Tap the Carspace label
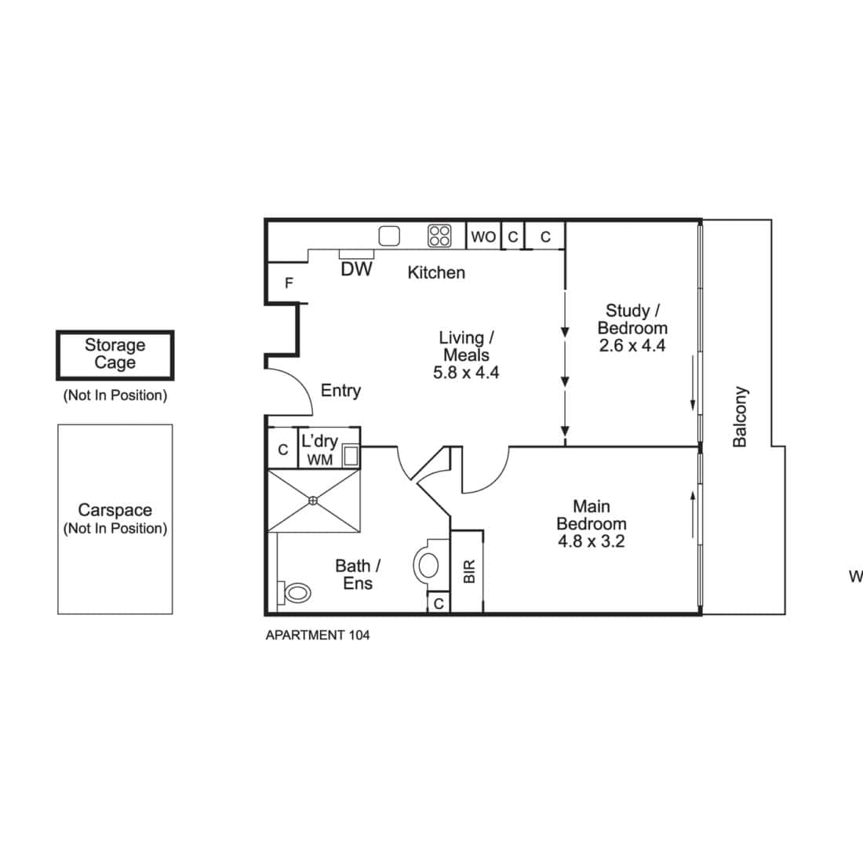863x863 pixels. (115, 510)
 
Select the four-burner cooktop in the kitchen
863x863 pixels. (440, 236)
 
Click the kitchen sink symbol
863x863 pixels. (389, 236)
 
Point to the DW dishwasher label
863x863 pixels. (357, 269)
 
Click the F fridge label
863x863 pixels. (289, 283)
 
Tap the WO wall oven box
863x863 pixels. (483, 236)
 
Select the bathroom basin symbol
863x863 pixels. (428, 565)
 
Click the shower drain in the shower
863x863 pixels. (312, 501)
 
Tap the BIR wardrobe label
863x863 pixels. (469, 572)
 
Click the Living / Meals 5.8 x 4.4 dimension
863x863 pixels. (466, 373)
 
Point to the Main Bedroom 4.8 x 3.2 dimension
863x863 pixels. (591, 541)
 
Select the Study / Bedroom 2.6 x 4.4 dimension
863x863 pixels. (632, 346)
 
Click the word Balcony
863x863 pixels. (741, 417)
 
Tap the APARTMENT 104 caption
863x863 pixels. (318, 635)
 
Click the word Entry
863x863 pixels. (340, 391)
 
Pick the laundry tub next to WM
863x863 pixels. (351, 456)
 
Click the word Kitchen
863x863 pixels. (436, 272)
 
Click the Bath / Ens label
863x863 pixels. (358, 574)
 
